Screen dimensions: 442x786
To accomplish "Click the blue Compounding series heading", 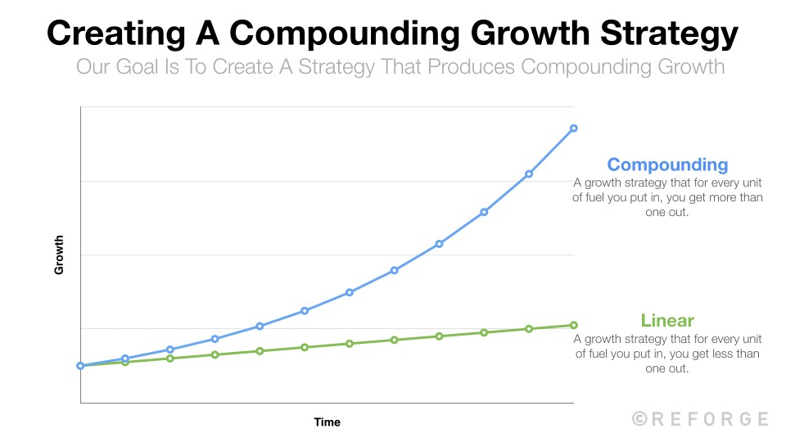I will tap(667, 165).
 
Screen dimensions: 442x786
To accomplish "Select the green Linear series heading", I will tap(667, 320).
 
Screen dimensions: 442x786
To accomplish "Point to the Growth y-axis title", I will tap(59, 255).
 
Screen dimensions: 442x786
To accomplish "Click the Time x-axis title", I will tap(327, 422).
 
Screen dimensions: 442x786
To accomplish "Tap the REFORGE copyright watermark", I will tap(701, 419).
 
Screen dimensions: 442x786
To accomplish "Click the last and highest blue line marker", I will tap(574, 129).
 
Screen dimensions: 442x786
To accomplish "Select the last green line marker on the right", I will tap(574, 325).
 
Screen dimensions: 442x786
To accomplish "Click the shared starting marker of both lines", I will tap(80, 366).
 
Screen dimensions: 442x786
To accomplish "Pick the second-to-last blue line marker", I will tap(529, 174).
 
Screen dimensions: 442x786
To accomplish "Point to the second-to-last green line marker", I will tap(529, 329).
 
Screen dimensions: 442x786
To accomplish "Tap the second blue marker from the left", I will tap(125, 359).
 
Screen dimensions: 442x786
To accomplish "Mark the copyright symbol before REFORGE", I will tap(639, 419).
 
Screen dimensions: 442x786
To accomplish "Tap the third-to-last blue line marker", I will tap(484, 212).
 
